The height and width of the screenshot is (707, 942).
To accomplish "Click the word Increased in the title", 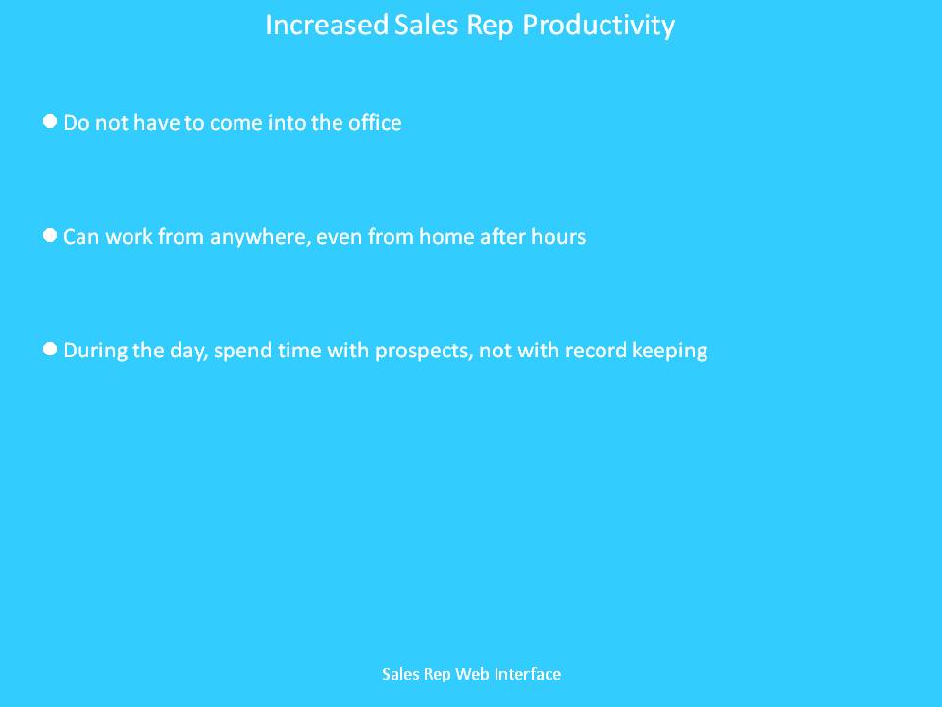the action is (x=327, y=26).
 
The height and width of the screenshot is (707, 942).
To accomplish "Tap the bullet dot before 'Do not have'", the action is (x=50, y=121).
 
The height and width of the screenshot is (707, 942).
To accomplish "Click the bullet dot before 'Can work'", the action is (x=50, y=235).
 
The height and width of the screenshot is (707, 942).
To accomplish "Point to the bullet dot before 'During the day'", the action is (x=50, y=349).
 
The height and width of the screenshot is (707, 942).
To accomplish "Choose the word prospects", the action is (x=423, y=352).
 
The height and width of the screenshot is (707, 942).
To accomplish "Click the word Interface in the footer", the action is (x=528, y=674).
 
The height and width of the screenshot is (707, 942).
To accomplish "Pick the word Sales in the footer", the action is (x=400, y=674).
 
